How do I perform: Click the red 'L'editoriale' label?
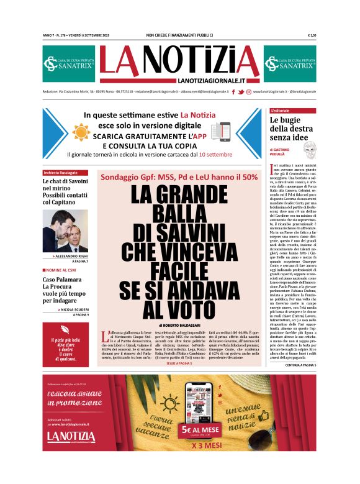(x=284, y=110)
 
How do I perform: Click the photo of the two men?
(x=65, y=231)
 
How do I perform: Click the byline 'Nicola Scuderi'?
(x=68, y=309)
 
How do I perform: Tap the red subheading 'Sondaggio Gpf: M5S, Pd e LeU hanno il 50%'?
(x=179, y=176)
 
